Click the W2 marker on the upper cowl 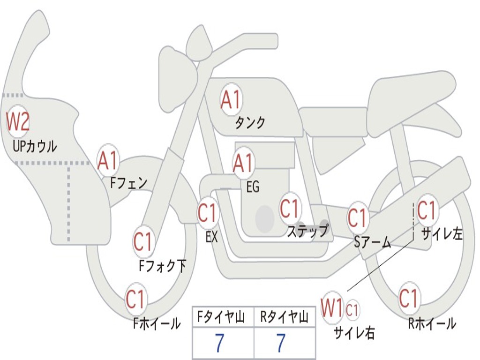click(18, 122)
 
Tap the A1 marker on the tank click(231, 100)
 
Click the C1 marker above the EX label click(207, 213)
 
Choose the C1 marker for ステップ click(290, 209)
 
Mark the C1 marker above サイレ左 click(427, 211)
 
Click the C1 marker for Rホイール click(408, 298)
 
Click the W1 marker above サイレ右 click(332, 308)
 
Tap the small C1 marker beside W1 click(352, 309)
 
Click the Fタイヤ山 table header click(222, 318)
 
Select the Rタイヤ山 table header click(285, 318)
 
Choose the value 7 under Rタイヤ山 click(280, 343)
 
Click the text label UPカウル click(35, 146)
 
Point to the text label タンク click(250, 123)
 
